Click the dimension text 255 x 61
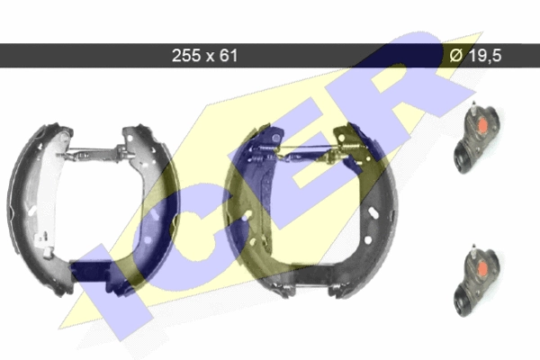coord(204,56)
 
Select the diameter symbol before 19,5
coord(455,56)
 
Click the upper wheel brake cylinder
coord(476,137)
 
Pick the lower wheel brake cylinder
coord(476,281)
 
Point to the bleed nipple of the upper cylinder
coord(474,108)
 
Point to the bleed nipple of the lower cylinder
coord(474,251)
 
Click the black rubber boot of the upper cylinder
coord(463,158)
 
